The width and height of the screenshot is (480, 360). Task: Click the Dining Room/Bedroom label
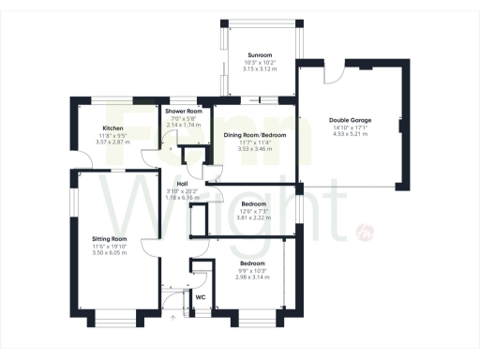(x=254, y=135)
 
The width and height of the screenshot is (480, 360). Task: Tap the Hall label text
(x=170, y=184)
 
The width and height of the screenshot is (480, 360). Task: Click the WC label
(x=200, y=297)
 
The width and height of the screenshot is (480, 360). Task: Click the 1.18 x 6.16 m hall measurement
(x=170, y=198)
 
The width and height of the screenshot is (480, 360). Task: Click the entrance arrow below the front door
(x=172, y=317)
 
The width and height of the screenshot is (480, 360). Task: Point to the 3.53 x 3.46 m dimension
(x=254, y=149)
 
